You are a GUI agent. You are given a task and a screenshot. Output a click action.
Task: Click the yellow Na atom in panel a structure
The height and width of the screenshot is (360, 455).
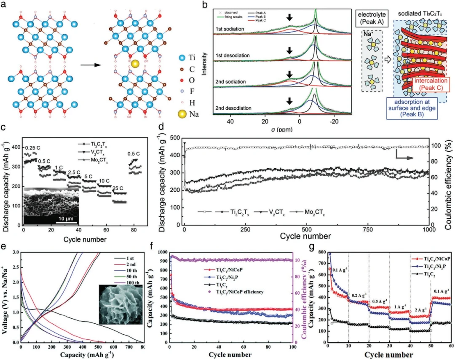click(x=134, y=64)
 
